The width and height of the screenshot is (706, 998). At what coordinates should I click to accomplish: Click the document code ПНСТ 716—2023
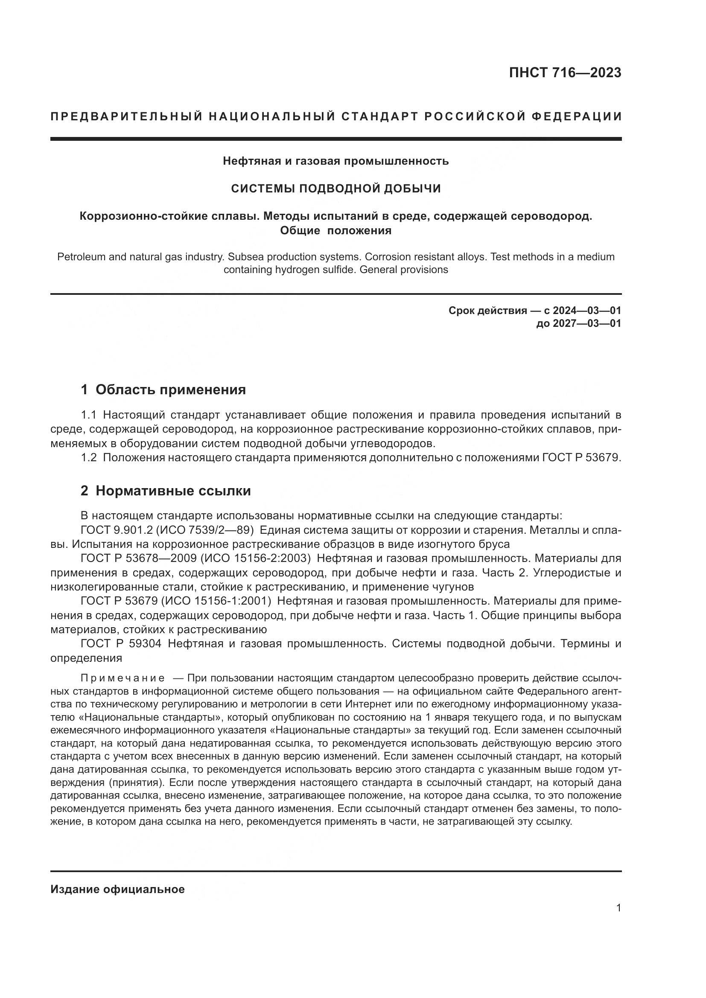[x=565, y=73]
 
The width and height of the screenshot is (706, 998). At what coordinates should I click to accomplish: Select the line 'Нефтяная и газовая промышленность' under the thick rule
[x=335, y=161]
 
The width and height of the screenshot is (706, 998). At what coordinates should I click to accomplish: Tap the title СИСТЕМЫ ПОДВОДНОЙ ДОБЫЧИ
[x=335, y=188]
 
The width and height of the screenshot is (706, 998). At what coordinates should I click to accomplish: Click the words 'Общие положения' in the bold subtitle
[x=335, y=230]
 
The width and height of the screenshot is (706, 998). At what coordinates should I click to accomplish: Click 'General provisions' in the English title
[x=404, y=270]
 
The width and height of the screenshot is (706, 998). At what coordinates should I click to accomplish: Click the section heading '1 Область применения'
[x=163, y=390]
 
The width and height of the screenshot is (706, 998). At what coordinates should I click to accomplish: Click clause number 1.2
[x=89, y=458]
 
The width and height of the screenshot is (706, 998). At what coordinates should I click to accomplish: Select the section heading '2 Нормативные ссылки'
[x=166, y=491]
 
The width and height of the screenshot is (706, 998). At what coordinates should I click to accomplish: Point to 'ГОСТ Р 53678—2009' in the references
[x=139, y=559]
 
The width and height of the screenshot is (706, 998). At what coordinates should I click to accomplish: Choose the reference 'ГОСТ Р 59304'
[x=121, y=644]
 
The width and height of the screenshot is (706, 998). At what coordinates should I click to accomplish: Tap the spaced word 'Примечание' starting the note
[x=123, y=678]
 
